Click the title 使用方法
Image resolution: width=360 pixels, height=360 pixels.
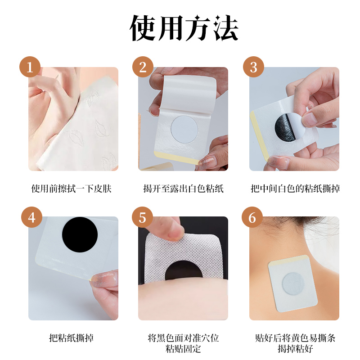(x=184, y=28)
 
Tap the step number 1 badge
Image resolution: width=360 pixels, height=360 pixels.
(x=30, y=67)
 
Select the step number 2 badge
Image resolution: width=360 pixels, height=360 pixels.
(x=143, y=67)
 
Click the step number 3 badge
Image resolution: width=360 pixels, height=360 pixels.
(x=253, y=67)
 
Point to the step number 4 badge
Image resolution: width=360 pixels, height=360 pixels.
(x=31, y=217)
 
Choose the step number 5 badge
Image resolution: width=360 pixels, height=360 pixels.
(x=142, y=217)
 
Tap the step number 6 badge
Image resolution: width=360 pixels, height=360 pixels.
(x=252, y=217)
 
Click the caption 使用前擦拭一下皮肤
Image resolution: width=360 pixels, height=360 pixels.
(x=71, y=189)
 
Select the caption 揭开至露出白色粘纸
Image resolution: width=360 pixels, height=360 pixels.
(x=183, y=189)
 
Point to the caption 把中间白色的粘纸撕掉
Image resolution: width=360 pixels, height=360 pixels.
(x=295, y=189)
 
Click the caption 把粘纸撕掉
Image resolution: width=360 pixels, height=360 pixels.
(x=71, y=338)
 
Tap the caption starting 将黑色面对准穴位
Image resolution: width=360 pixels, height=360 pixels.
(x=183, y=343)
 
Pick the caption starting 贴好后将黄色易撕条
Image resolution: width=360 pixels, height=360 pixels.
(x=295, y=343)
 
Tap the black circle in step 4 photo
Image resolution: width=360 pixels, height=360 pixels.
(x=80, y=234)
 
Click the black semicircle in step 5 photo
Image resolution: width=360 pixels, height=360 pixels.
(x=184, y=271)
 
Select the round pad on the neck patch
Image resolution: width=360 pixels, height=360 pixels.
(x=293, y=284)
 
